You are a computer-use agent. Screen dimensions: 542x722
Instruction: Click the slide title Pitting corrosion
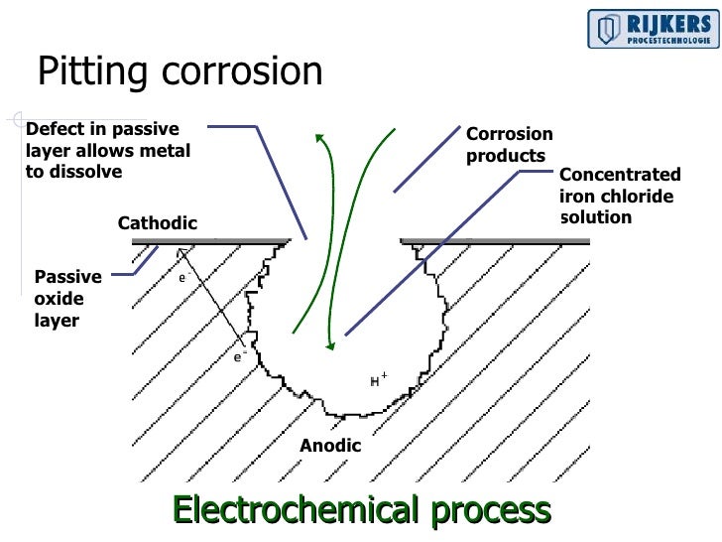[180, 72]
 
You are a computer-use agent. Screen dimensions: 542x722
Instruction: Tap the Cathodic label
[158, 223]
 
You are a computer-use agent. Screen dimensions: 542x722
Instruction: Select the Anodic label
[330, 446]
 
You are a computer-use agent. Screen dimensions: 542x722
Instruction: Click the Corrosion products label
[510, 145]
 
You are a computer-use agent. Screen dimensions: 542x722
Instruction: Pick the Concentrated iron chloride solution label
[620, 196]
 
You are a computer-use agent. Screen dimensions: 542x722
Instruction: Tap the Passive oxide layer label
[67, 299]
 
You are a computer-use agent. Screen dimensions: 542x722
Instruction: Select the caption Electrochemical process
[361, 509]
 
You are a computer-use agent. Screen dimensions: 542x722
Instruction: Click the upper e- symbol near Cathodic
[183, 279]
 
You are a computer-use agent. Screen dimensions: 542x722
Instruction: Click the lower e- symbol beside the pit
[239, 355]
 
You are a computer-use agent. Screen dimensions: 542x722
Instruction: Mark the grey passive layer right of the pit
[496, 240]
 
